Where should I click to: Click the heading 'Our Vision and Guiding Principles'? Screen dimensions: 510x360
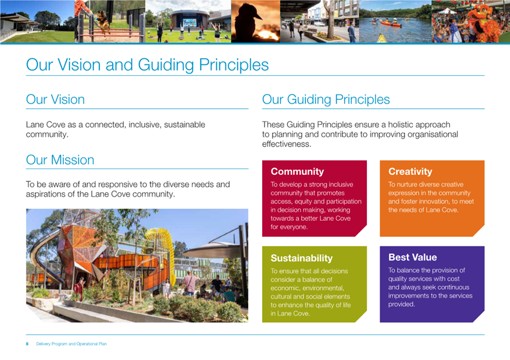point(147,65)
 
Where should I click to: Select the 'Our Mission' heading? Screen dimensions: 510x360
point(60,160)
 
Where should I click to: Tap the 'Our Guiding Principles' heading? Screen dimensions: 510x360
point(326,99)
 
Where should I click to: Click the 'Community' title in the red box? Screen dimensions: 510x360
point(297,171)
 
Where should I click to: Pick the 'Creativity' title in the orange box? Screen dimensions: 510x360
point(410,171)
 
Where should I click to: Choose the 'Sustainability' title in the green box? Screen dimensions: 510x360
point(301,258)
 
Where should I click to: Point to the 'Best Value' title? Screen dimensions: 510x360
point(412,257)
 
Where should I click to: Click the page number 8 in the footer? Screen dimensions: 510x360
point(28,344)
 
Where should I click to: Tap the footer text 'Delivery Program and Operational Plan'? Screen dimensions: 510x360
point(71,344)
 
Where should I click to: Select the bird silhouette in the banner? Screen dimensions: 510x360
point(248,21)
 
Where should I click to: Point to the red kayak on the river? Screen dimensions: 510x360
point(390,23)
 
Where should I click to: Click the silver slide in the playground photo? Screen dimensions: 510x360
point(45,257)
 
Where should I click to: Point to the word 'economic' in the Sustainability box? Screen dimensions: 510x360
point(285,288)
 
